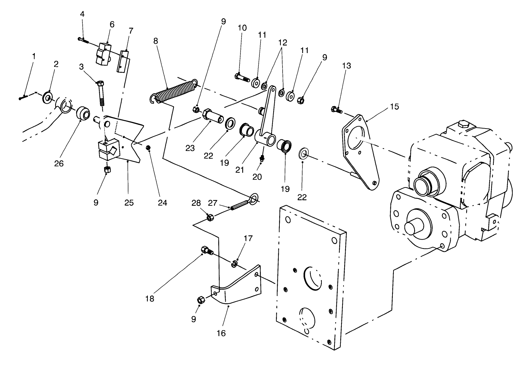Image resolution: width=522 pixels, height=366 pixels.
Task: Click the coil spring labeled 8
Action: click(x=174, y=91)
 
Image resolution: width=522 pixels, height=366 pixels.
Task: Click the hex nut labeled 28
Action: click(x=209, y=217)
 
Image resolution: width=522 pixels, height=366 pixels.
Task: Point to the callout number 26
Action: click(x=59, y=163)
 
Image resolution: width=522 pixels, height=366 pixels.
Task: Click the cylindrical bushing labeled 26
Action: click(x=83, y=113)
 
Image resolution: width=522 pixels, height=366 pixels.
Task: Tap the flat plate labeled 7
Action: click(x=124, y=62)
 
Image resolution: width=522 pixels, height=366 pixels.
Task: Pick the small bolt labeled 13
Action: click(x=336, y=110)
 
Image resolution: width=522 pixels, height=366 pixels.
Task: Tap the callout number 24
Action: click(x=162, y=203)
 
